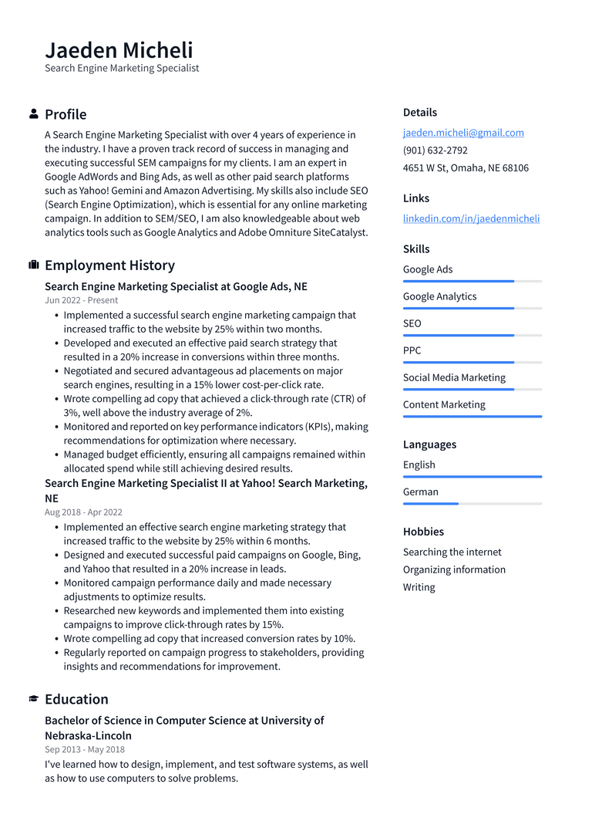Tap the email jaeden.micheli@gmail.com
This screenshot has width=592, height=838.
[x=463, y=133]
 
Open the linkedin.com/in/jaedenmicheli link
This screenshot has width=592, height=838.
[x=471, y=218]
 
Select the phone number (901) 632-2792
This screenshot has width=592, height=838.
[x=435, y=150]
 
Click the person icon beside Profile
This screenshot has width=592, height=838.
[x=34, y=114]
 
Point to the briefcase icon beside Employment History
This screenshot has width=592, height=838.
[x=34, y=265]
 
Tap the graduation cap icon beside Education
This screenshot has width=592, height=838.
[x=34, y=699]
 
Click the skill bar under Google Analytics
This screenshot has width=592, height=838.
[x=472, y=308]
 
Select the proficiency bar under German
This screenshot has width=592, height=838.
[x=472, y=503]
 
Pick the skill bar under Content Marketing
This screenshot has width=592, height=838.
[x=472, y=416]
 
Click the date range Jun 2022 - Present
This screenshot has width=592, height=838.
[x=81, y=300]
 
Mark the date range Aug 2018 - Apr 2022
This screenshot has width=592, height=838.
[x=83, y=512]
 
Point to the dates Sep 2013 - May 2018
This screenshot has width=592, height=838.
[x=85, y=749]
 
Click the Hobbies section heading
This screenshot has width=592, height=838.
[x=423, y=532]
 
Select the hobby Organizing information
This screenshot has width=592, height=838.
[x=454, y=569]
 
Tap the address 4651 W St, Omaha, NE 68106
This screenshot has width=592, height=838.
[x=466, y=168]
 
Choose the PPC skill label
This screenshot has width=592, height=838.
[x=412, y=350]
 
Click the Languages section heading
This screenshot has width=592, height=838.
[x=429, y=444]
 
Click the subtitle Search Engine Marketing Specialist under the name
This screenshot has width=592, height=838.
[x=122, y=68]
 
